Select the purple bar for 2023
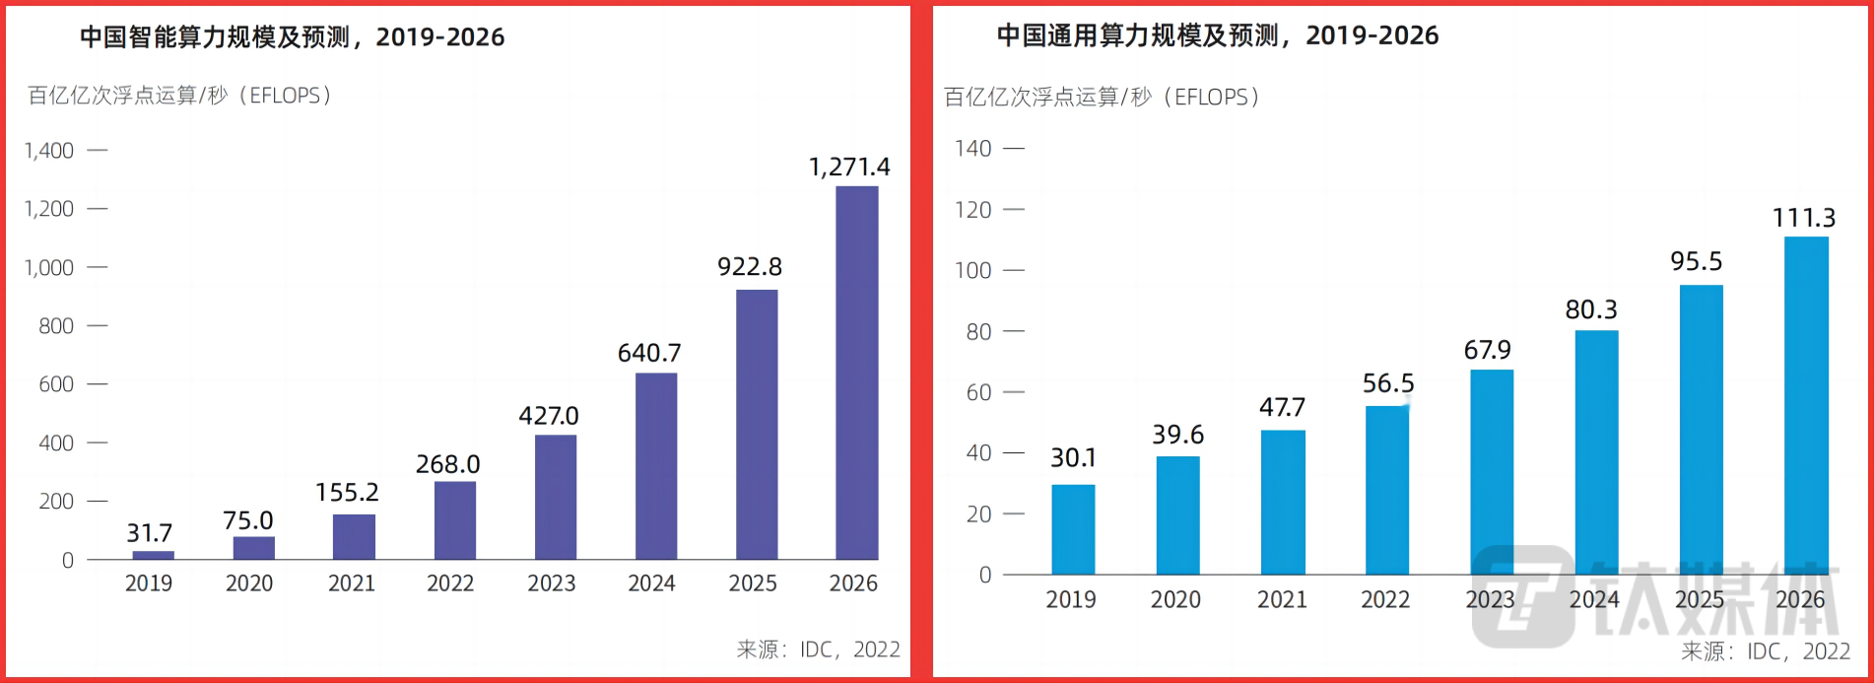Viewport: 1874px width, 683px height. [556, 497]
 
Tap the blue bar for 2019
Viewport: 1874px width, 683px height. [1073, 529]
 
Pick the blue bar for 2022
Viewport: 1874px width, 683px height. [1387, 490]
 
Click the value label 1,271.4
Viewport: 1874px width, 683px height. [849, 168]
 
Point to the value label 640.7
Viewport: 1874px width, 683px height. [649, 353]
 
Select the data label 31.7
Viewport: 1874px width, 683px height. [150, 533]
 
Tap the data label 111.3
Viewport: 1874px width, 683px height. [1804, 218]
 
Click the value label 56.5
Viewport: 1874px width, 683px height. [1388, 383]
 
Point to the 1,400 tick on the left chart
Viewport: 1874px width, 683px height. [49, 151]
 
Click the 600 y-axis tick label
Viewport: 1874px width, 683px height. [56, 384]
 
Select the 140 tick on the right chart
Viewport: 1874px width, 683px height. [973, 149]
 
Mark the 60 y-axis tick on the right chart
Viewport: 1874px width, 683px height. [978, 392]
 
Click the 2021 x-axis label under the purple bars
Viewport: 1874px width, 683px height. [352, 583]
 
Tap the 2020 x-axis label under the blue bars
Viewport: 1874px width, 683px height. [1175, 599]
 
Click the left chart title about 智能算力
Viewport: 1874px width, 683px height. [292, 37]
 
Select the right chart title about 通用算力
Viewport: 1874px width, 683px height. [1217, 35]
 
